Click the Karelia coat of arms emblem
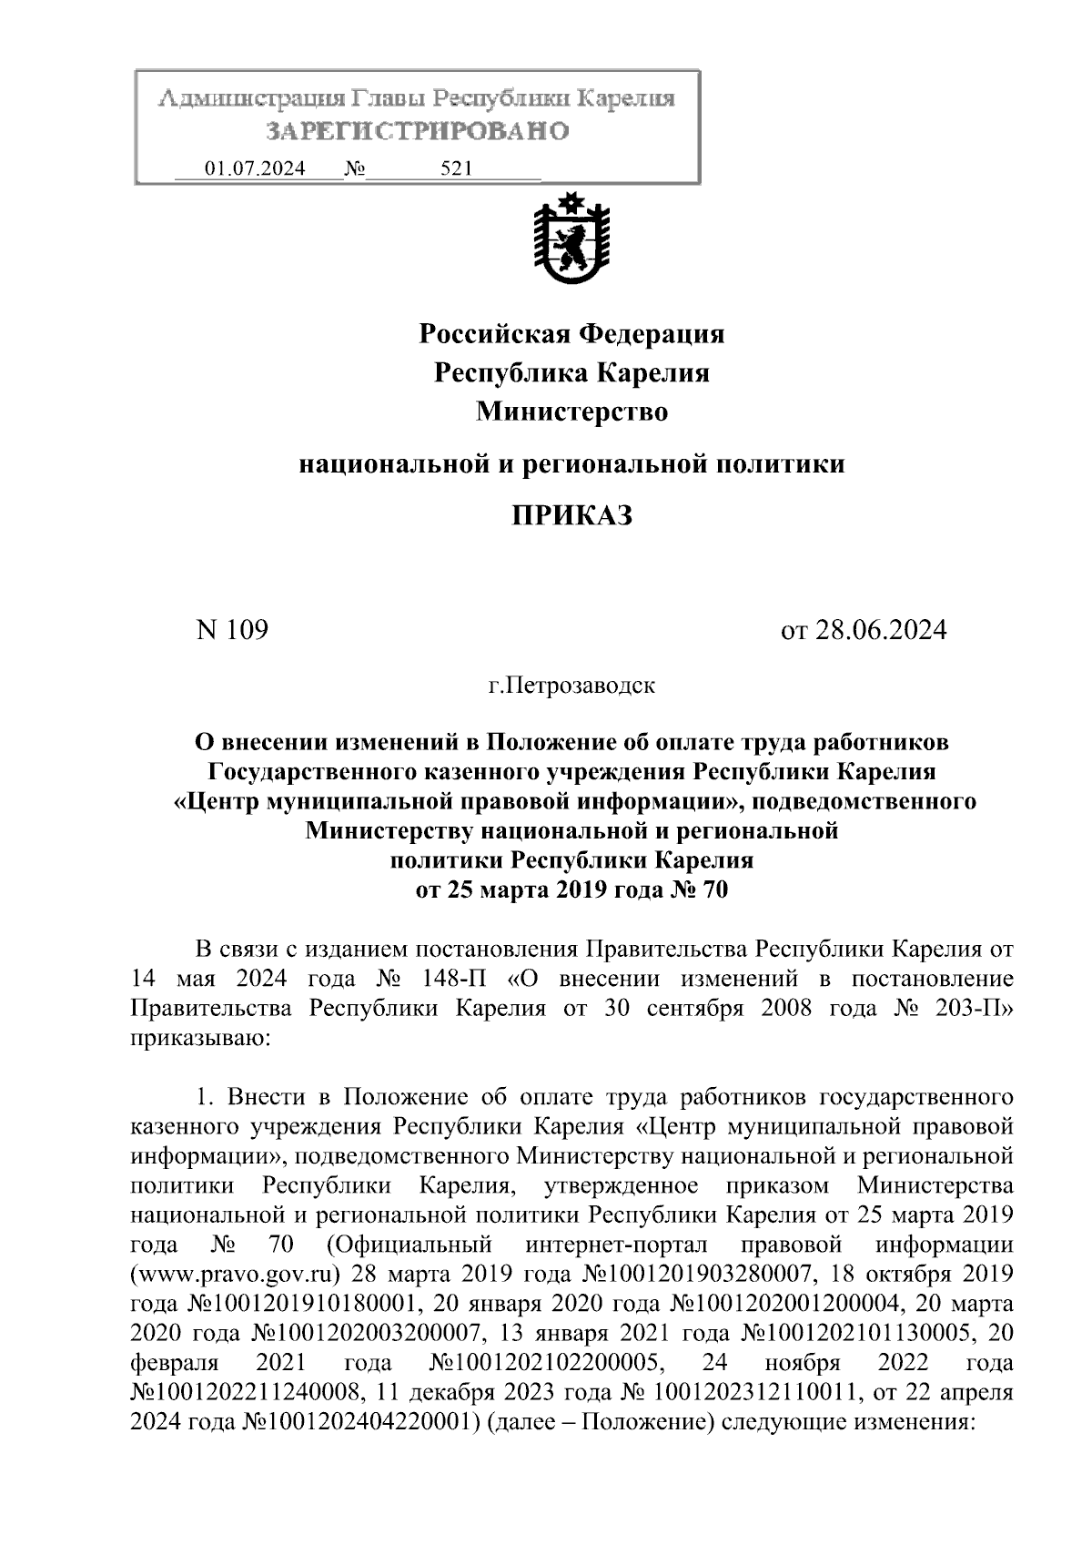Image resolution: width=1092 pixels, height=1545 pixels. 571,239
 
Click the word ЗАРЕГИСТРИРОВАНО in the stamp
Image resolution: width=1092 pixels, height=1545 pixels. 418,131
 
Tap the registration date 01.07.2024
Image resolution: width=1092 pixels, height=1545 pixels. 255,168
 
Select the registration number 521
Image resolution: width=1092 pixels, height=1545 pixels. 455,168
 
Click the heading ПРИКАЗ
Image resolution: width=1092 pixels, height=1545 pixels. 571,516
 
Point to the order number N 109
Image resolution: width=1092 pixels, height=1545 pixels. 232,629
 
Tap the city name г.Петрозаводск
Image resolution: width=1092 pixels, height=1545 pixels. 571,685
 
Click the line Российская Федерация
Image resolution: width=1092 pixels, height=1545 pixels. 571,334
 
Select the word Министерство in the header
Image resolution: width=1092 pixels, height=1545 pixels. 571,412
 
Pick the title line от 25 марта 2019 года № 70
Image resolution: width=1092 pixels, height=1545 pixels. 571,889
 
